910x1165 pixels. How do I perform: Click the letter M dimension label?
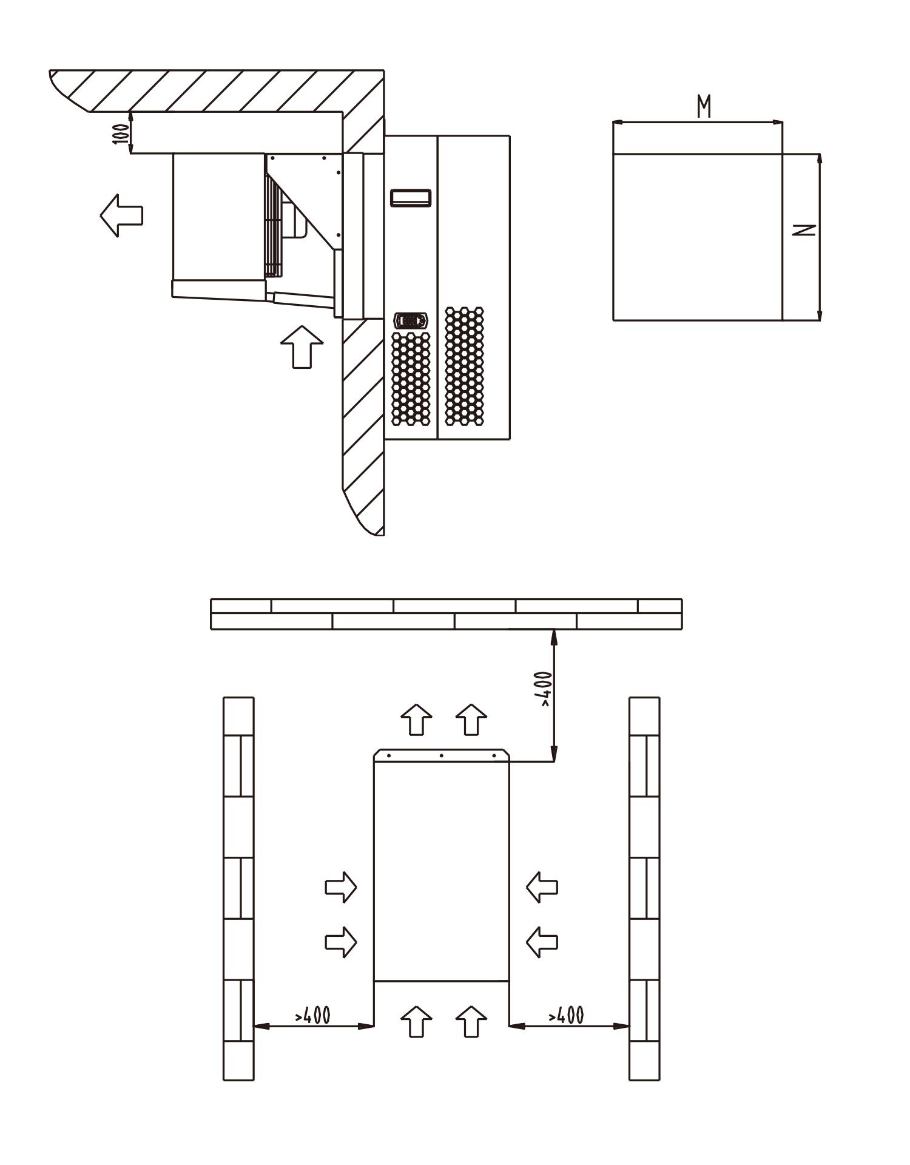[x=704, y=107]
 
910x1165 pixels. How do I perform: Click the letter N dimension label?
[x=806, y=230]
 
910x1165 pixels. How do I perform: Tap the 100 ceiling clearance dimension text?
[x=121, y=133]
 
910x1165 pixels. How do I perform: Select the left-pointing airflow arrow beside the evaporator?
[x=121, y=215]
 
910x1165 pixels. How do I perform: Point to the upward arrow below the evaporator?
[x=302, y=346]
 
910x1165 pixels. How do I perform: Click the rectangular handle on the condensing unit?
[x=411, y=198]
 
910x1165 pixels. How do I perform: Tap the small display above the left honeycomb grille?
[x=411, y=320]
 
